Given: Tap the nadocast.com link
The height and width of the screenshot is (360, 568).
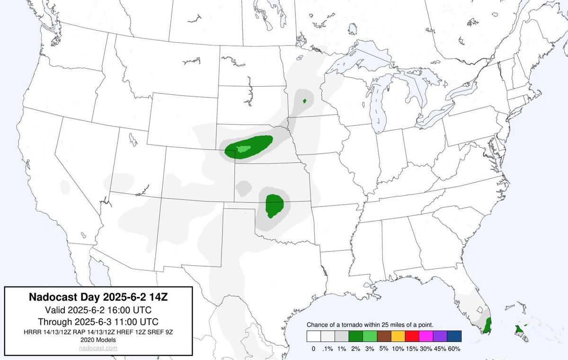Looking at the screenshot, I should tap(99, 348).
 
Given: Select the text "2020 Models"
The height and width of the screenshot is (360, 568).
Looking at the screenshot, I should tap(99, 340).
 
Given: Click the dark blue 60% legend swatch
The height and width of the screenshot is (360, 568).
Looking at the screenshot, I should tap(454, 336).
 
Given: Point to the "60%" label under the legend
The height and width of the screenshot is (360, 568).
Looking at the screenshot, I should tap(454, 349).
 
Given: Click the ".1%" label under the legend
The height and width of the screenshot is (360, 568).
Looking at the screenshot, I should tap(328, 349).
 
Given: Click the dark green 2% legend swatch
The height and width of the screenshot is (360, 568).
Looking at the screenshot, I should tap(355, 336).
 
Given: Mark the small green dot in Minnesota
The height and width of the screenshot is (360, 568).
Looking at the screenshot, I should tap(305, 101).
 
